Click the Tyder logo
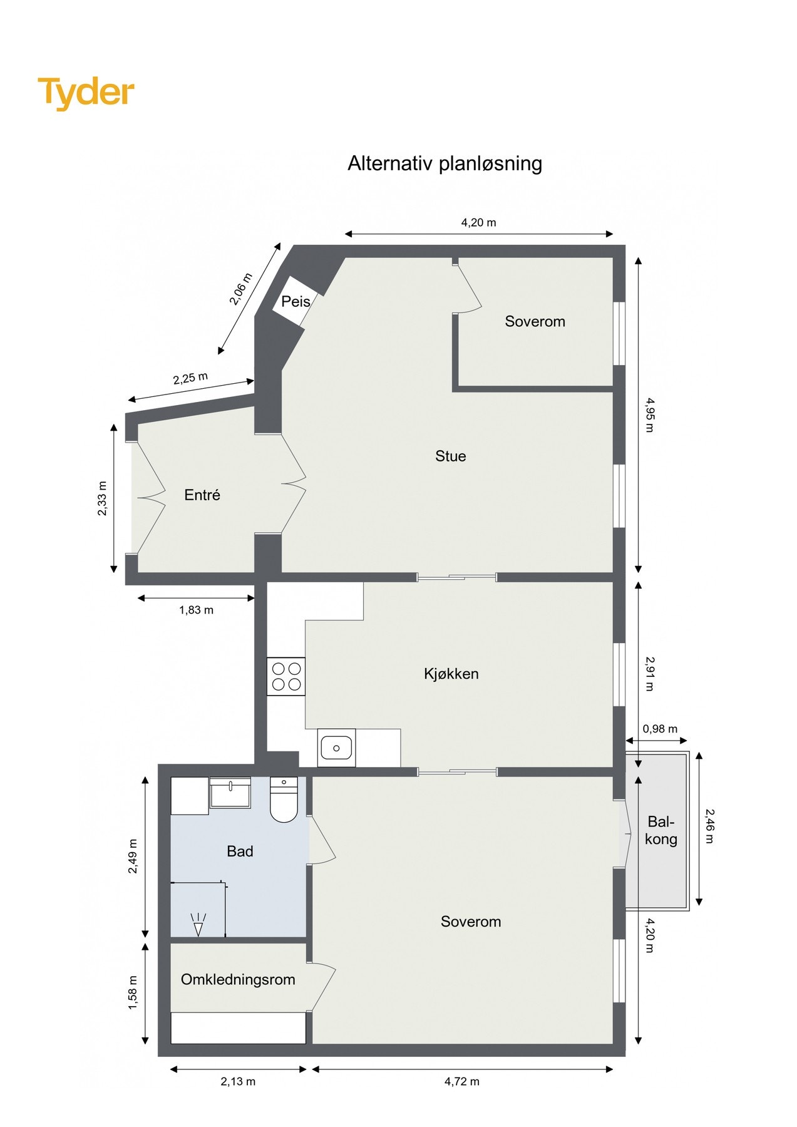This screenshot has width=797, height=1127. [86, 93]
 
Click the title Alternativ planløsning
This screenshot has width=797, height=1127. [445, 163]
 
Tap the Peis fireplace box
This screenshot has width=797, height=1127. [296, 301]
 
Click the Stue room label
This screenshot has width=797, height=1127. [450, 456]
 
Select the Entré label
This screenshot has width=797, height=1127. [202, 495]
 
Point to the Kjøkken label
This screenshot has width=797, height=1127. [451, 674]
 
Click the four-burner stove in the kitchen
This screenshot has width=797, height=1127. [286, 676]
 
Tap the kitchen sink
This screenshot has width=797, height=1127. [336, 748]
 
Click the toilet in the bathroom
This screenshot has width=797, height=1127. [284, 800]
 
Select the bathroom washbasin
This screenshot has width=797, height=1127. [230, 793]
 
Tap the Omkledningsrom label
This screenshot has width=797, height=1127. [238, 980]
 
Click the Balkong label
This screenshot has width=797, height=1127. [661, 831]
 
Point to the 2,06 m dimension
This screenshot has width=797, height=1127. [240, 289]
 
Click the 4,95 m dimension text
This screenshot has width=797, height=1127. [649, 415]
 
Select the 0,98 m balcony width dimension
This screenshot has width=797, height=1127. [660, 729]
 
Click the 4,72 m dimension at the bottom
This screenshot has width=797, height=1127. [462, 1081]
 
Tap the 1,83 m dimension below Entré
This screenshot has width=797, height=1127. [196, 610]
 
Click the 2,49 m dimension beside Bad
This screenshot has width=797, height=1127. [133, 857]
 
